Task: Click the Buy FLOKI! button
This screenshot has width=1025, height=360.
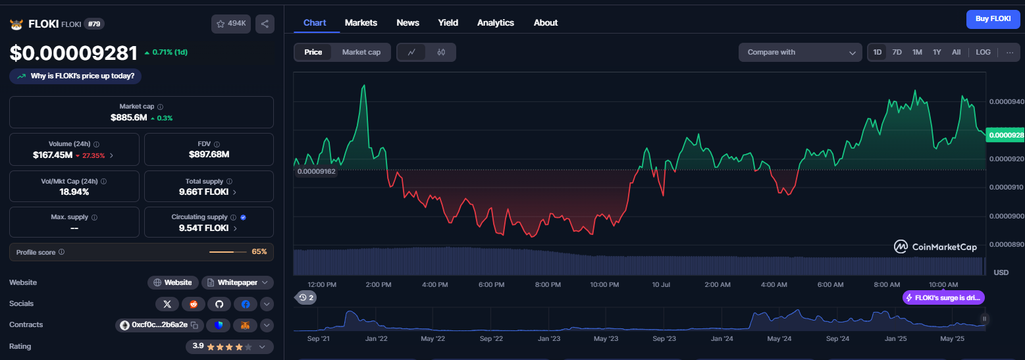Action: (x=993, y=19)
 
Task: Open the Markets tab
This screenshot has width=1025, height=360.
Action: (x=361, y=23)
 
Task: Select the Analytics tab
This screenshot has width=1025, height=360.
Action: (x=495, y=23)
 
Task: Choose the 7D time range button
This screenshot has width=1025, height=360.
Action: (x=897, y=52)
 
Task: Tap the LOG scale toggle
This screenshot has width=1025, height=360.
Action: (x=983, y=52)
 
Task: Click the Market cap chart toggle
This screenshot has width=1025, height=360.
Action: (x=361, y=52)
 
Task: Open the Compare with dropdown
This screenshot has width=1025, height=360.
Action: (x=801, y=52)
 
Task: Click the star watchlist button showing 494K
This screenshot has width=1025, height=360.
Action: (x=230, y=24)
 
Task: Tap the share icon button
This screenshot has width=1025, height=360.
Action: (x=265, y=24)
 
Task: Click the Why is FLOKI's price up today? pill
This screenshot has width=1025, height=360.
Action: (x=76, y=76)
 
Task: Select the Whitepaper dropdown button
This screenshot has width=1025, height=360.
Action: (x=238, y=283)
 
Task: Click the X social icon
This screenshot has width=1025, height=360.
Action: (x=167, y=304)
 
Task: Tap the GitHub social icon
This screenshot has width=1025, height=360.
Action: (x=219, y=304)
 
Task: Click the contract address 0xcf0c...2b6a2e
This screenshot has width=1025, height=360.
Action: (x=159, y=324)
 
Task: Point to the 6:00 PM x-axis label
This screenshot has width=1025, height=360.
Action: (x=492, y=284)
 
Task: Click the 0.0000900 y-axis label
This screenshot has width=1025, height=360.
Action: (x=1006, y=216)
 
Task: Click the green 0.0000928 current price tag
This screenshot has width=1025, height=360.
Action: (x=1005, y=135)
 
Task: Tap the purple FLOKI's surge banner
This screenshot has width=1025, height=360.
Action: (x=943, y=297)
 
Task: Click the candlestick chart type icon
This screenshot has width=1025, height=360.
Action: (x=441, y=52)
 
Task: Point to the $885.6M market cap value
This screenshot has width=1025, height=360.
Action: (x=128, y=118)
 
